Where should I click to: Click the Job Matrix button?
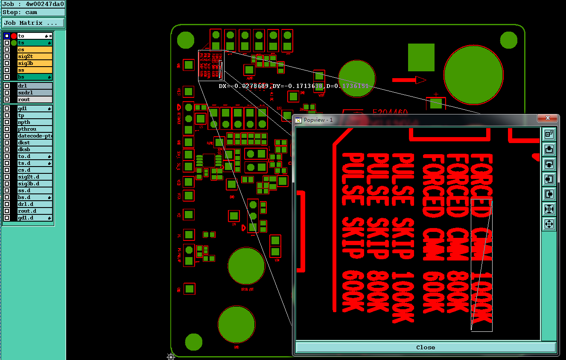33,23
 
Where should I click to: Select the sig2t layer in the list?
35,56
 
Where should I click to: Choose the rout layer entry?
35,100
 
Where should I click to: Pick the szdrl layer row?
35,93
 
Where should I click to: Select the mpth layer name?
35,122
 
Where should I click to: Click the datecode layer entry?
35,136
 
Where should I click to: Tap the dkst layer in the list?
35,143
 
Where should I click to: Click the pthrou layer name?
35,129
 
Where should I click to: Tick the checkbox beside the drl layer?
7,86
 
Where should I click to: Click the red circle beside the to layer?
14,36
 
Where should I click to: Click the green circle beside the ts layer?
14,43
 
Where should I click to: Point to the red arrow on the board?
409,80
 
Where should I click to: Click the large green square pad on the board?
421,57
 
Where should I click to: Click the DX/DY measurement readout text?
293,86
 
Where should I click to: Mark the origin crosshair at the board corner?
171,356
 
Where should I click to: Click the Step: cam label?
20,12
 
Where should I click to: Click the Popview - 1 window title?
318,120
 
